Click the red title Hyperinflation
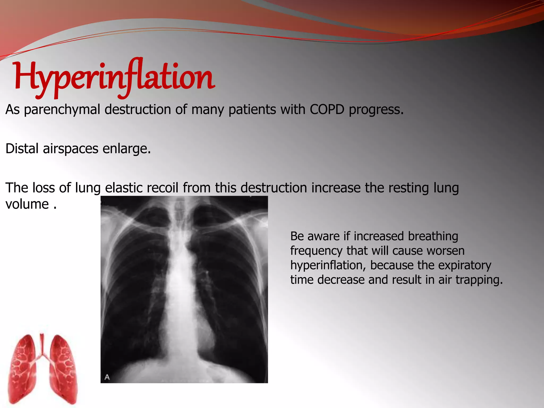(x=114, y=77)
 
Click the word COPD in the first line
(x=327, y=109)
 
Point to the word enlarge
(x=126, y=149)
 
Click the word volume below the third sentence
(x=27, y=204)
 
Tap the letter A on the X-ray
(x=107, y=377)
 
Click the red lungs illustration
(x=42, y=369)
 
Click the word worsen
(x=447, y=250)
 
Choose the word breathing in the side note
(x=433, y=236)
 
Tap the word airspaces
(x=70, y=149)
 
